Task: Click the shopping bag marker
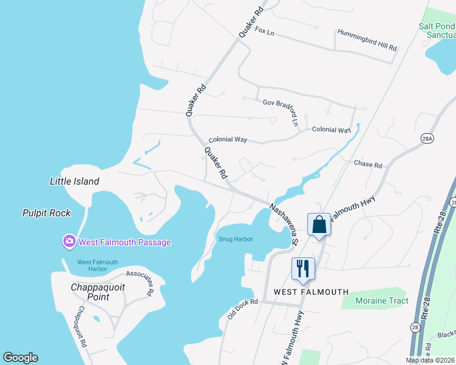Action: pyautogui.click(x=319, y=225)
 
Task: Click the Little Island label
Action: pyautogui.click(x=74, y=181)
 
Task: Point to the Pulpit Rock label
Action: pyautogui.click(x=46, y=213)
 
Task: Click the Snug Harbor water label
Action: pyautogui.click(x=236, y=239)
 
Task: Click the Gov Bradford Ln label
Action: pyautogui.click(x=281, y=108)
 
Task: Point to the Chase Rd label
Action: pyautogui.click(x=368, y=164)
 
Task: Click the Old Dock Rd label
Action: pyautogui.click(x=243, y=309)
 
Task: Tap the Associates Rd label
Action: pyautogui.click(x=140, y=282)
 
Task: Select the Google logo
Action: pyautogui.click(x=20, y=358)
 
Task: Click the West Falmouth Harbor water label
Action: pyautogui.click(x=98, y=266)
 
